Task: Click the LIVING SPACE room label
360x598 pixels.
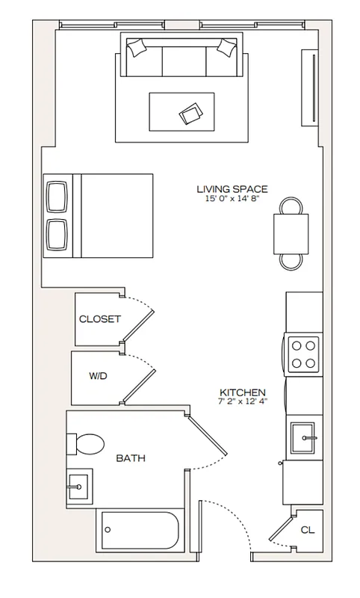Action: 232,189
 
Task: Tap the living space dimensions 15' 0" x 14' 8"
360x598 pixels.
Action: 232,199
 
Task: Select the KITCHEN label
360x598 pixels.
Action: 243,392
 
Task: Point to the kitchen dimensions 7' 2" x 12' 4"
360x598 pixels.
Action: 243,402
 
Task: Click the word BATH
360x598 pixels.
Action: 130,458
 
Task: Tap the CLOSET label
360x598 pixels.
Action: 100,319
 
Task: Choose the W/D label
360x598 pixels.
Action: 98,376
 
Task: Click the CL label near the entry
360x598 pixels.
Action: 307,530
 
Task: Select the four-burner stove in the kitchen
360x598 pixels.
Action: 304,354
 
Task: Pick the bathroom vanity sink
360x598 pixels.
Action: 79,486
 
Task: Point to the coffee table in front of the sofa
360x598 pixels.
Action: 181,112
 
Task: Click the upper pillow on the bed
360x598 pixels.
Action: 57,197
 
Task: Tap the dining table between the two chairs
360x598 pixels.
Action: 291,233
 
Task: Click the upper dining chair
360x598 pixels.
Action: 291,206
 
